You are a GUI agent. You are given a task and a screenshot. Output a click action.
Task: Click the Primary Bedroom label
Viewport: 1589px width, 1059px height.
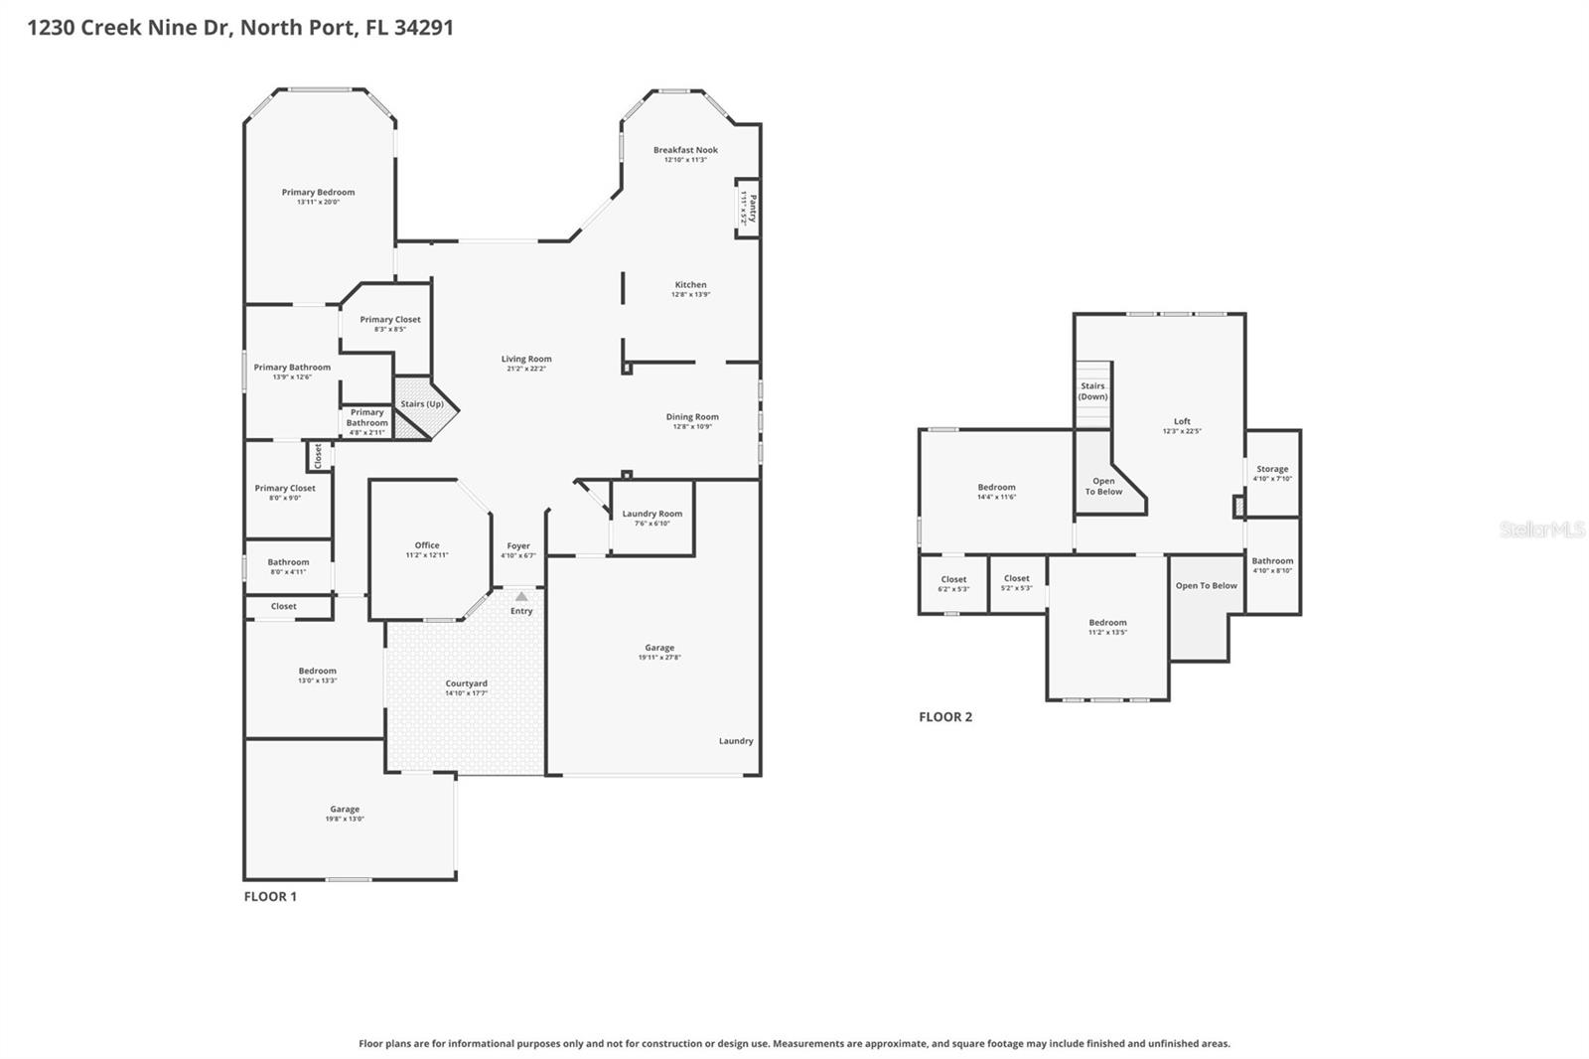tap(318, 193)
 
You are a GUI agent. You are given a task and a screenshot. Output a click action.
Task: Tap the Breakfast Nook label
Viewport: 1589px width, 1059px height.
tap(685, 150)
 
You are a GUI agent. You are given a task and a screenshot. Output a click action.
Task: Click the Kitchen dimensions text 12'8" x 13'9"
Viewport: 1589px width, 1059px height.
tap(690, 295)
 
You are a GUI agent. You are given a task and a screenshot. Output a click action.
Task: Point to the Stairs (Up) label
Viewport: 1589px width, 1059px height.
tap(422, 404)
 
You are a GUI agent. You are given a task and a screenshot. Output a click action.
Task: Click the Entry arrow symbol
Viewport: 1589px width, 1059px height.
tap(521, 596)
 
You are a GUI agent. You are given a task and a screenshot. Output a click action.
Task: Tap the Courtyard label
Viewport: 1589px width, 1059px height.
tap(466, 683)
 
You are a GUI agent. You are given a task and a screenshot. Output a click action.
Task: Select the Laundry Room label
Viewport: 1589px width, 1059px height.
tap(651, 514)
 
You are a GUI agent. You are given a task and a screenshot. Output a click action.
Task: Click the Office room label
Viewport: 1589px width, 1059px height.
tap(427, 545)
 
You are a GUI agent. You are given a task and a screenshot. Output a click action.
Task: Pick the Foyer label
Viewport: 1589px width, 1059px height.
tap(518, 545)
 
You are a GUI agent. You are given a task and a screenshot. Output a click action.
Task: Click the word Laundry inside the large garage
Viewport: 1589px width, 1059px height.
tap(736, 741)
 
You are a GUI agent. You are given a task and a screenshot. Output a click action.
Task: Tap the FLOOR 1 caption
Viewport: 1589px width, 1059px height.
tap(270, 896)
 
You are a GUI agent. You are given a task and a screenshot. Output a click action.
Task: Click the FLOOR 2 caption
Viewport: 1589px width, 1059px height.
tap(945, 716)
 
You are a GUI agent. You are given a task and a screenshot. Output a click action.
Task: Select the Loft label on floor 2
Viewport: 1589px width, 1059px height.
tap(1182, 421)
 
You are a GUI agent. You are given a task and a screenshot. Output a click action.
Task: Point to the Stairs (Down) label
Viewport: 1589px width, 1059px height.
tap(1092, 391)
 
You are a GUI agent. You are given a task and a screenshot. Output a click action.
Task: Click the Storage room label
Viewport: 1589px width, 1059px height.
tap(1272, 469)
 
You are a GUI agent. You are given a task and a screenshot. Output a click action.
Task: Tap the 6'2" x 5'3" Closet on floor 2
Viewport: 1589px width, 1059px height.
tap(953, 584)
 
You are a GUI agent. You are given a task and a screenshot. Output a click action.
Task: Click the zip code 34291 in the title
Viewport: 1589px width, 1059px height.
tap(424, 27)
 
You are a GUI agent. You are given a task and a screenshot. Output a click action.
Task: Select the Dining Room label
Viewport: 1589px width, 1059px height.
tap(692, 417)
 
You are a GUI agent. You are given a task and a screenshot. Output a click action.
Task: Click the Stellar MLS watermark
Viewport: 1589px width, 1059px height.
tap(1542, 529)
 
